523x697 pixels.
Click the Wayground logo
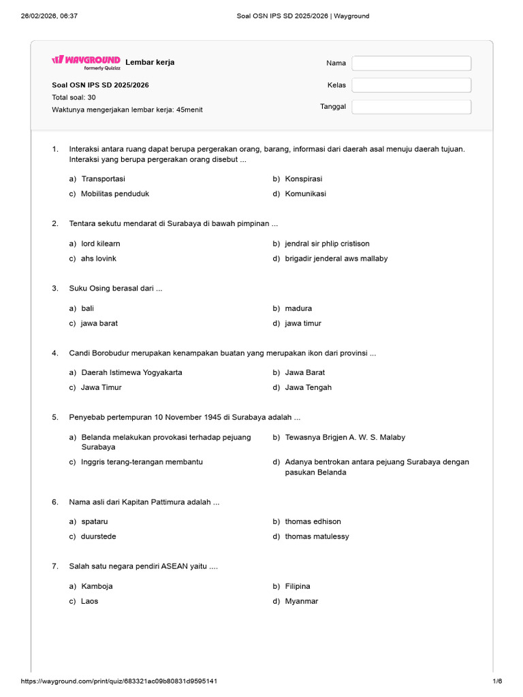pyautogui.click(x=86, y=61)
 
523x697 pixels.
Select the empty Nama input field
pyautogui.click(x=411, y=63)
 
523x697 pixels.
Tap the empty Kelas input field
pyautogui.click(x=411, y=85)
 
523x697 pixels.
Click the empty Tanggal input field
pyautogui.click(x=411, y=107)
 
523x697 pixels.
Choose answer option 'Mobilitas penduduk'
pyautogui.click(x=114, y=193)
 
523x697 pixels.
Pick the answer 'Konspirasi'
pyautogui.click(x=304, y=179)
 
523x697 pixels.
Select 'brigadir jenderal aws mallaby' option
pyautogui.click(x=336, y=259)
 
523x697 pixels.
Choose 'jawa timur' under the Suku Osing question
pyautogui.click(x=303, y=323)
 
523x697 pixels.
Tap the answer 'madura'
pyautogui.click(x=298, y=308)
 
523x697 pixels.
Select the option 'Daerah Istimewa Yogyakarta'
pyautogui.click(x=131, y=372)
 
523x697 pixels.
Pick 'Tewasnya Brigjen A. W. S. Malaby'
pyautogui.click(x=345, y=437)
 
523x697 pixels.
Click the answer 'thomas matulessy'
pyautogui.click(x=317, y=536)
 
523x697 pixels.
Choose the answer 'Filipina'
pyautogui.click(x=298, y=586)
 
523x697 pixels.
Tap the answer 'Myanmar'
pyautogui.click(x=302, y=601)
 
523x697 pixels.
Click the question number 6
pyautogui.click(x=54, y=502)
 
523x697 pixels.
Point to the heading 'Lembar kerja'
pyautogui.click(x=150, y=62)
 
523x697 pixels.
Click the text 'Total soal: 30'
pyautogui.click(x=74, y=97)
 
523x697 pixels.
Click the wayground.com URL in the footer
pyautogui.click(x=120, y=681)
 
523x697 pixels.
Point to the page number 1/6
pyautogui.click(x=497, y=681)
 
